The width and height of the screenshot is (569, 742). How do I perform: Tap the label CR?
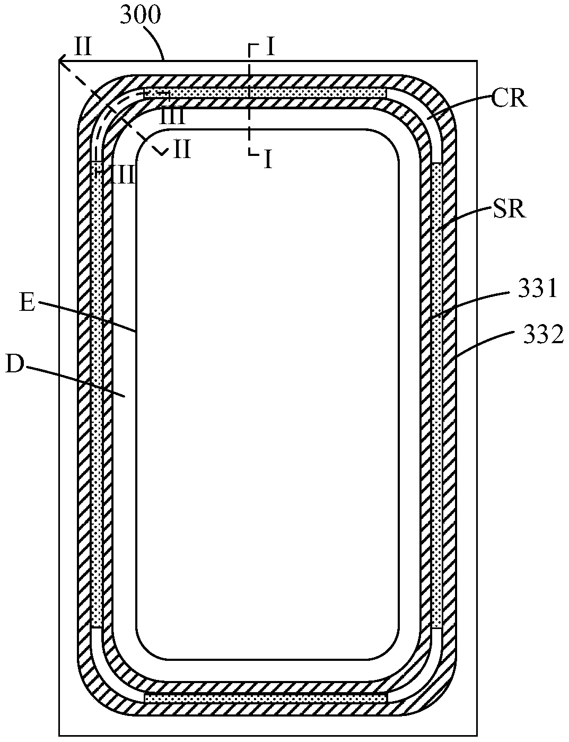tap(509, 99)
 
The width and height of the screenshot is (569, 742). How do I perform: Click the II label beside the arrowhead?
tap(83, 47)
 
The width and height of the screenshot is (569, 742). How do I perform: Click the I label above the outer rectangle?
tap(270, 47)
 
